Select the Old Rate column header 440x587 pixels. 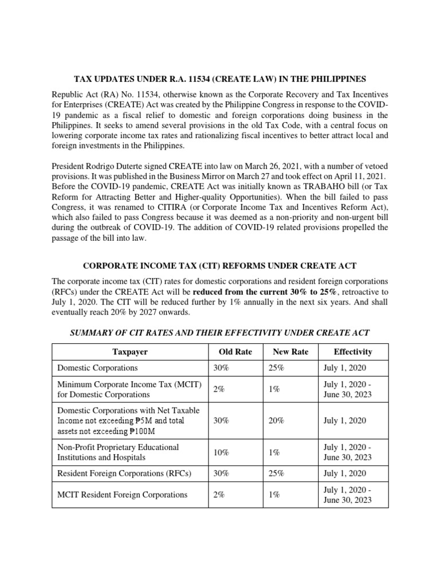click(235, 351)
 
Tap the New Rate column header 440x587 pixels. click(292, 351)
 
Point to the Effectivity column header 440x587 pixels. click(352, 351)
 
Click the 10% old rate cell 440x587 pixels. click(221, 452)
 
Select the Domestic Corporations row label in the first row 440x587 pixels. click(97, 367)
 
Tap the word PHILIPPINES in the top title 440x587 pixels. click(333, 79)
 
